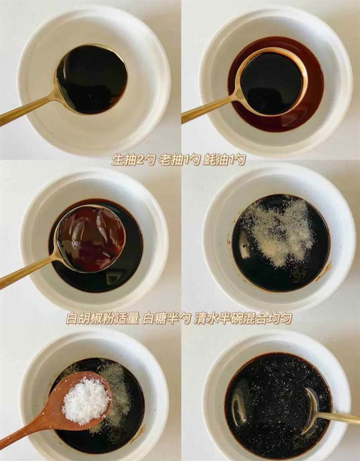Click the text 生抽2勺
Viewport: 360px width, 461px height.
coord(133,160)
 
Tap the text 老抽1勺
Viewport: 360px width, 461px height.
coord(179,160)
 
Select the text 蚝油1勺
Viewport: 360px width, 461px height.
coord(224,160)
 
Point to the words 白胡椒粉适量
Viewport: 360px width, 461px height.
coord(102,318)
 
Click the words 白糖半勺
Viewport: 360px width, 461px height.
coord(166,318)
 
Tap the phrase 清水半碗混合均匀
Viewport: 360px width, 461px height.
coord(243,318)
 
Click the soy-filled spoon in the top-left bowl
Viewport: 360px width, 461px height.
coord(91,79)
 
